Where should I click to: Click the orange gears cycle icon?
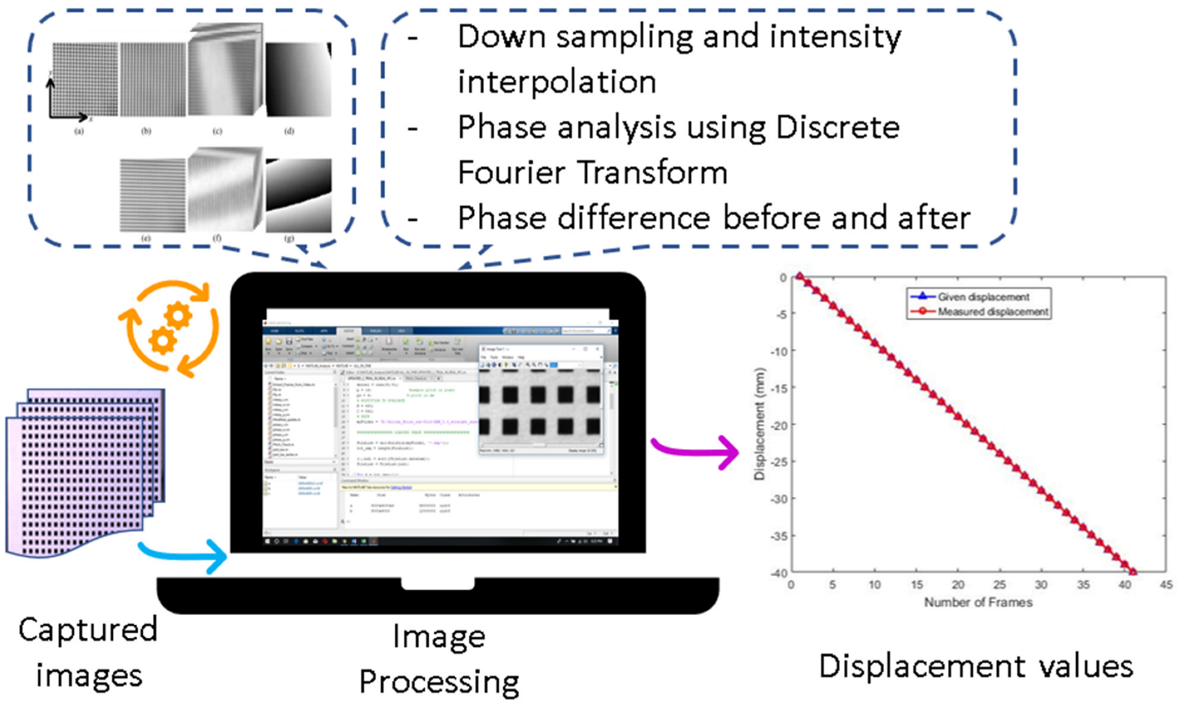coord(169,329)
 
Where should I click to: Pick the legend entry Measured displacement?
coord(992,312)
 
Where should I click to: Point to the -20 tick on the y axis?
coord(779,425)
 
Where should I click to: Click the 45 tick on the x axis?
coord(1166,584)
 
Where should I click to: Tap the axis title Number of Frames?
coord(978,602)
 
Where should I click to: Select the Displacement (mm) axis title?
coord(759,424)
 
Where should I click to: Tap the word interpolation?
coord(557,82)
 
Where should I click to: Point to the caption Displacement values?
coord(975,666)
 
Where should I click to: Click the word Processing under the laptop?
coord(439,681)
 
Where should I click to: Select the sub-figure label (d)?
coord(289,131)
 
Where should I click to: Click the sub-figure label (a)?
coord(79,131)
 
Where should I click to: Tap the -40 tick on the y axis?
coord(779,573)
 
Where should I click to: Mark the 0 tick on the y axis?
coord(783,277)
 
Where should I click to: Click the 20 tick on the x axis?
coord(957,584)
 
